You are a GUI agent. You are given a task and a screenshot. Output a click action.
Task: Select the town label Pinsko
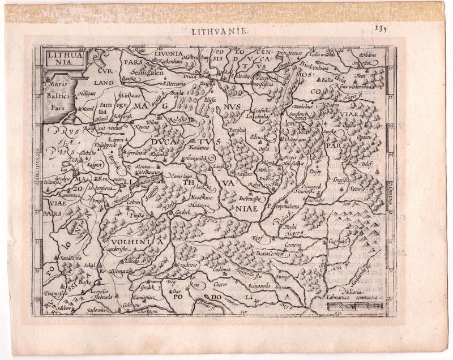pyautogui.click(x=135, y=216)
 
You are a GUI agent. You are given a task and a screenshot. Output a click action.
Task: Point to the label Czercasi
pyautogui.click(x=338, y=240)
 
